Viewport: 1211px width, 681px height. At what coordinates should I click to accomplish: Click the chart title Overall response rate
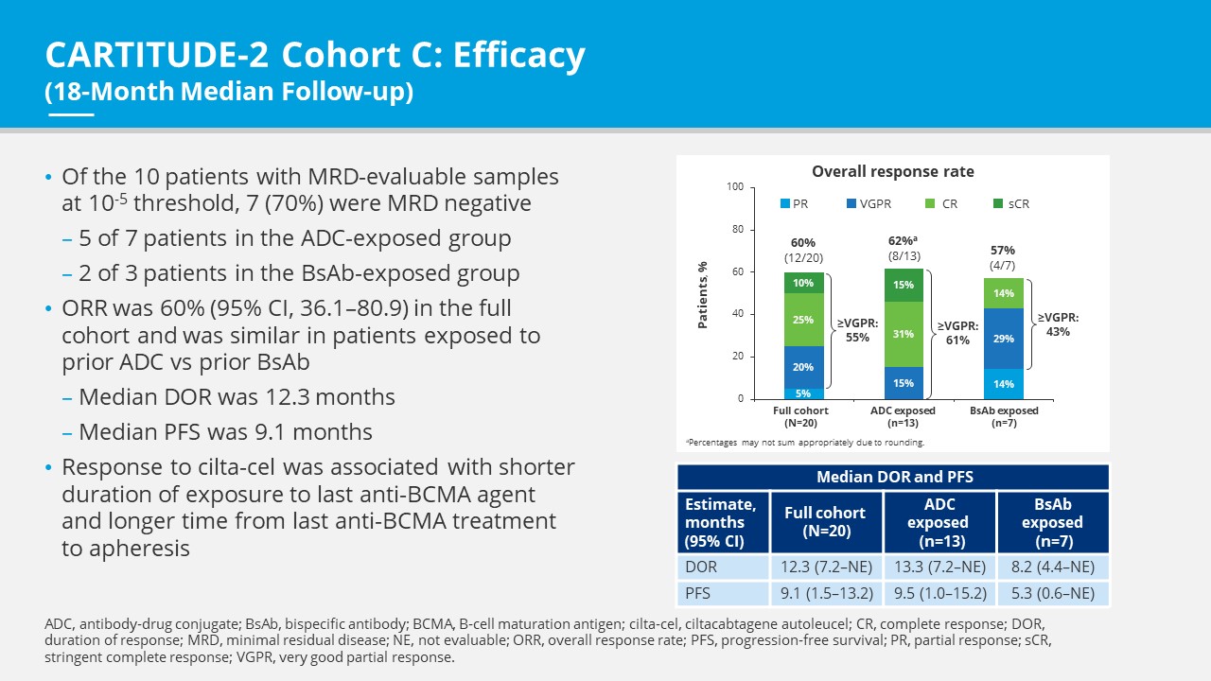click(892, 171)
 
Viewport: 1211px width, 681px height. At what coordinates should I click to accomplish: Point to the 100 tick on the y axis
click(735, 187)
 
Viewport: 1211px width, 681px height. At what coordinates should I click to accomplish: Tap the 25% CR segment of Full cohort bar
click(803, 320)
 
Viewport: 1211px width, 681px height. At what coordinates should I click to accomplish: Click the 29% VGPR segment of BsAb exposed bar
click(1003, 338)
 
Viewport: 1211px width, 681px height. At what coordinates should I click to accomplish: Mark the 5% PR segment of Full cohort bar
click(803, 393)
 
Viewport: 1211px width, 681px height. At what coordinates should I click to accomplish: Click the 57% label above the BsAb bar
click(1003, 250)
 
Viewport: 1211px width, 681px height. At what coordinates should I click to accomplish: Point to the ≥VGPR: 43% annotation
click(1057, 324)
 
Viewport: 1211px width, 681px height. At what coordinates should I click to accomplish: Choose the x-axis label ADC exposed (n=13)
click(903, 416)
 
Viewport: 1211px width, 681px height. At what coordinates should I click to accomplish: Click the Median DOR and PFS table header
click(892, 477)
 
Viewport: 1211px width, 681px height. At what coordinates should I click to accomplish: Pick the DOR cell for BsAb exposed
click(1052, 567)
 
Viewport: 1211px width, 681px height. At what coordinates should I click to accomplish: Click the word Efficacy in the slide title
click(518, 57)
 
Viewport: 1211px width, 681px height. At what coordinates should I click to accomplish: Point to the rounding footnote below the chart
click(805, 442)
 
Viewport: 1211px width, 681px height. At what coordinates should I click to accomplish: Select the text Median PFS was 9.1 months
click(225, 432)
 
